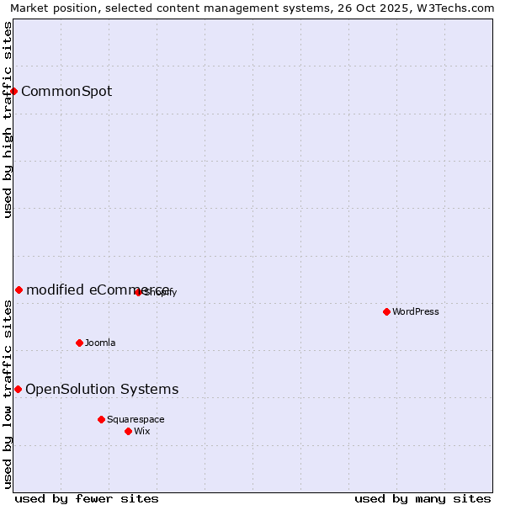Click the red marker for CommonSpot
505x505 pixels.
pyautogui.click(x=14, y=91)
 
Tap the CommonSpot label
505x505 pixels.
pyautogui.click(x=66, y=92)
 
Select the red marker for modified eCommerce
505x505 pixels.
pyautogui.click(x=19, y=290)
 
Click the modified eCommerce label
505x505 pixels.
pyautogui.click(x=98, y=290)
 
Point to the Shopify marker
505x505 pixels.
pyautogui.click(x=138, y=292)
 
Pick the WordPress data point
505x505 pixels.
pyautogui.click(x=386, y=311)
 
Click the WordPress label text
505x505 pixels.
pyautogui.click(x=416, y=311)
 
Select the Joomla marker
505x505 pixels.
pyautogui.click(x=79, y=343)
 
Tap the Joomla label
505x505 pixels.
pyautogui.click(x=100, y=343)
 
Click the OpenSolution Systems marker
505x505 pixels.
pyautogui.click(x=18, y=389)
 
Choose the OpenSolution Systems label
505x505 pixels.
pyautogui.click(x=102, y=389)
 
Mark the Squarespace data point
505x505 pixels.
pyautogui.click(x=101, y=419)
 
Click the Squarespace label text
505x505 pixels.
pyautogui.click(x=136, y=419)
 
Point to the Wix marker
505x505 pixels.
pyautogui.click(x=128, y=431)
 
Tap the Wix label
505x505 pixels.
pyautogui.click(x=142, y=431)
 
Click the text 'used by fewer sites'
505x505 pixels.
pyautogui.click(x=87, y=498)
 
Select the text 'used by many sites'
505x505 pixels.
pyautogui.click(x=423, y=498)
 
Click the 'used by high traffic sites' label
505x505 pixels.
pyautogui.click(x=8, y=120)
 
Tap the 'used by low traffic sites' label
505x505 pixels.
pyautogui.click(x=8, y=394)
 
